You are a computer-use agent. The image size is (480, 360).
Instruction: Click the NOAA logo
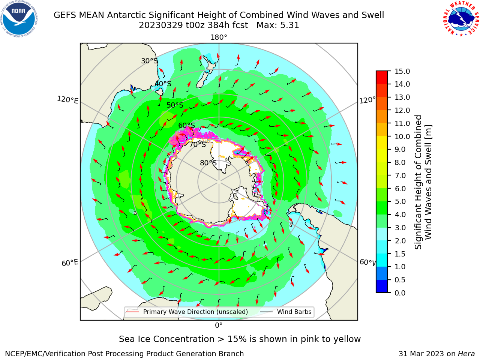tap(19, 19)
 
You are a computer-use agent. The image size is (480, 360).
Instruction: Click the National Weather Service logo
tap(461, 19)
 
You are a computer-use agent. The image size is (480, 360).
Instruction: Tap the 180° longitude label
tap(219, 37)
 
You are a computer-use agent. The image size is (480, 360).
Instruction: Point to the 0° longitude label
tap(219, 325)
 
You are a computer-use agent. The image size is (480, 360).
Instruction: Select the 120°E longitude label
tap(67, 100)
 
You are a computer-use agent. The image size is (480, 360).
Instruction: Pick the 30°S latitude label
tap(149, 61)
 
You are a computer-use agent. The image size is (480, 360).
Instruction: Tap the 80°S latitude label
tap(208, 163)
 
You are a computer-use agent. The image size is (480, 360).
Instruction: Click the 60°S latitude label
tap(186, 125)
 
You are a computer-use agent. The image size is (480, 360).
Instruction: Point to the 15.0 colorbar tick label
tap(402, 71)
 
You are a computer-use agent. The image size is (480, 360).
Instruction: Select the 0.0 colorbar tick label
tap(400, 293)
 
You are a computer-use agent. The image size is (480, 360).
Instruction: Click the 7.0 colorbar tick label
tap(400, 175)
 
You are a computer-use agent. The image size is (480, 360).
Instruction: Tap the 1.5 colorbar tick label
tap(400, 254)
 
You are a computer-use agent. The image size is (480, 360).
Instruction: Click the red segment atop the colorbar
tap(382, 77)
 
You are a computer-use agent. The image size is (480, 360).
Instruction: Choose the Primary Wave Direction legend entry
tap(187, 312)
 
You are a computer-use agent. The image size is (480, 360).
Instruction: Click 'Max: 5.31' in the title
tap(278, 25)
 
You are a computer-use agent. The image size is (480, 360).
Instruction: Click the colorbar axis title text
tap(423, 182)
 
